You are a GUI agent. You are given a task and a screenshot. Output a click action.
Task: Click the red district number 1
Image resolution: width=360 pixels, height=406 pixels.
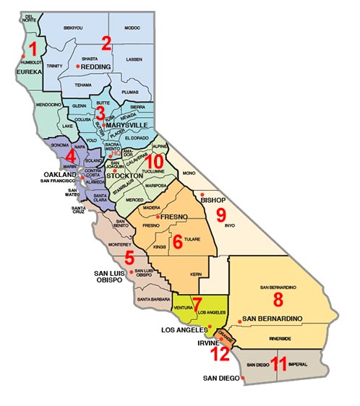(32, 50)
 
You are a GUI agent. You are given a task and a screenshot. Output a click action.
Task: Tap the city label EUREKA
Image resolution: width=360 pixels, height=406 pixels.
(22, 72)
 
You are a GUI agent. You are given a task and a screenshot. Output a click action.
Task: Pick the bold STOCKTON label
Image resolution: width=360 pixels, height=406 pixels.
(124, 176)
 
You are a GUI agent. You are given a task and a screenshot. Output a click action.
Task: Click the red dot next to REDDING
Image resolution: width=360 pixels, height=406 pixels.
(78, 66)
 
